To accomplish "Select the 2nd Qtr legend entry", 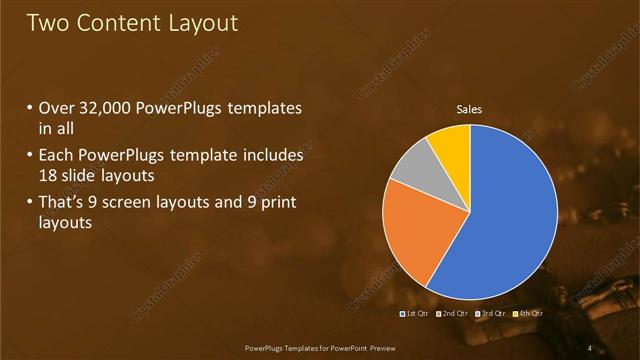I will [452, 313].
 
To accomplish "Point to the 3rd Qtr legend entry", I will [491, 313].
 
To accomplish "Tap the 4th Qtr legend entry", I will [528, 313].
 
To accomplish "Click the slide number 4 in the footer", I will [590, 347].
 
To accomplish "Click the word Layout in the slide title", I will [202, 23].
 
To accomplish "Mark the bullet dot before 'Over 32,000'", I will [31, 108].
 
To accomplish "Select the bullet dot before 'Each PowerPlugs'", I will [31, 156].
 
